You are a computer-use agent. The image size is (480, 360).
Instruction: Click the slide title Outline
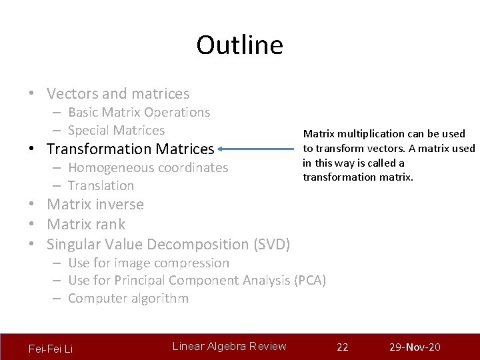click(x=239, y=45)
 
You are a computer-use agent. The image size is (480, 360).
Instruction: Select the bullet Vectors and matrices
click(x=118, y=94)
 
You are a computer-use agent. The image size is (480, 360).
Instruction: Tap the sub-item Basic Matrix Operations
click(x=139, y=113)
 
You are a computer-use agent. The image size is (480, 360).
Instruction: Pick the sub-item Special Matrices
click(x=116, y=131)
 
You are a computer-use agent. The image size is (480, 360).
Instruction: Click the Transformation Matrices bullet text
click(x=130, y=149)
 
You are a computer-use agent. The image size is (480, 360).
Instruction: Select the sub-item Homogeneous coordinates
click(x=148, y=168)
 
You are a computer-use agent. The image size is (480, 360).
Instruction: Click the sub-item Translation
click(x=101, y=186)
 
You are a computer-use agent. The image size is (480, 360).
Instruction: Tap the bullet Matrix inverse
click(x=95, y=204)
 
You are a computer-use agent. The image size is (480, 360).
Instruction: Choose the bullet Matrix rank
click(x=86, y=224)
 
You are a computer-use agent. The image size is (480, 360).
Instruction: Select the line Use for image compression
click(x=148, y=263)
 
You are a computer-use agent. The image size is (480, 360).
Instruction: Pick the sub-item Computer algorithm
click(x=128, y=299)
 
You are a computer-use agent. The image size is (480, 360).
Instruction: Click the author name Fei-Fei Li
click(x=51, y=349)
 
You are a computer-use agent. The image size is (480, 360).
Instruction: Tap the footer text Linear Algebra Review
click(x=229, y=346)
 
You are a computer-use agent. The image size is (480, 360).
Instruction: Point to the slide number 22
click(x=343, y=347)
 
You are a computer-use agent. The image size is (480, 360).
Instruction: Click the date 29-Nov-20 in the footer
click(x=415, y=347)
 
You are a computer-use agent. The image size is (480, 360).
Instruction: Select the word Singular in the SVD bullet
click(x=73, y=245)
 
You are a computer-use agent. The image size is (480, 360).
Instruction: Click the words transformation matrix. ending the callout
click(x=358, y=177)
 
